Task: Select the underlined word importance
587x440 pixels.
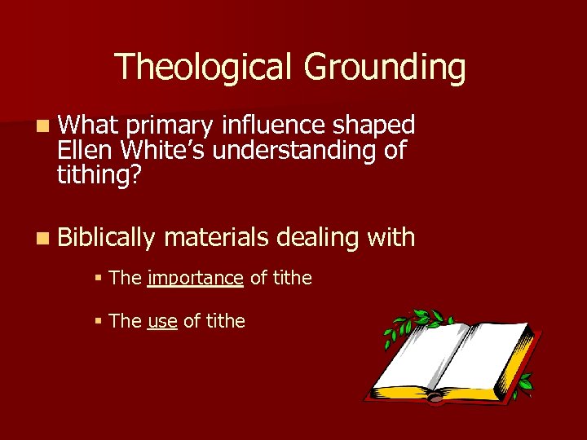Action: (x=196, y=279)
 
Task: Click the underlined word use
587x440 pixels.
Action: (x=162, y=321)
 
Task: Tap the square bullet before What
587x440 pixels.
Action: (x=42, y=126)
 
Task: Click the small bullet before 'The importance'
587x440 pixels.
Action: (x=97, y=279)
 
